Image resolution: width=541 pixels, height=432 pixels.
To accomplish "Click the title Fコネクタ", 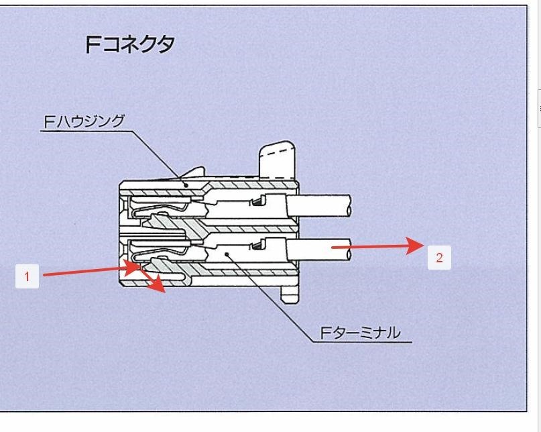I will click(x=130, y=44).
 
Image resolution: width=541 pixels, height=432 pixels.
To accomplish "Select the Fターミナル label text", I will click(x=359, y=333).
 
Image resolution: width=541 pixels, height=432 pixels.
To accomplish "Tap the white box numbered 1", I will click(x=27, y=276).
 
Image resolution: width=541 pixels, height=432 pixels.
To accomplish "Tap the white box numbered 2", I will click(x=439, y=258).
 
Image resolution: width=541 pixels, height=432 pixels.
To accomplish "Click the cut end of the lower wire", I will click(x=350, y=248).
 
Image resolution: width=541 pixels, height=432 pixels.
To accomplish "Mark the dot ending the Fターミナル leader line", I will click(x=229, y=254).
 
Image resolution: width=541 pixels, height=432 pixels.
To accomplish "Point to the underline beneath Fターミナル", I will click(x=362, y=342).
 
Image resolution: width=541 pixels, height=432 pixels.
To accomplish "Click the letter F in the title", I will click(x=93, y=44).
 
